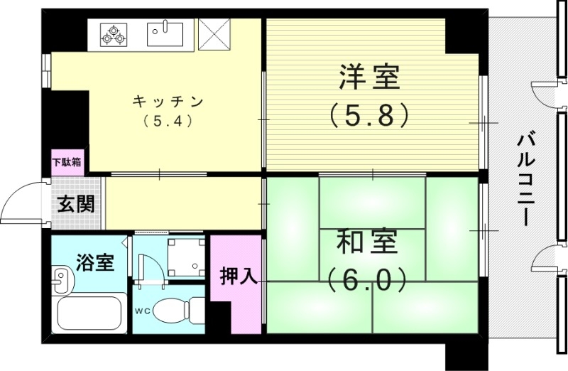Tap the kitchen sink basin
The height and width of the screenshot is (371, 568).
[165, 32]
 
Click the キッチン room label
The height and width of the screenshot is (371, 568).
[168, 102]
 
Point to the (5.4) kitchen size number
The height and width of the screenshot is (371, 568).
[168, 120]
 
